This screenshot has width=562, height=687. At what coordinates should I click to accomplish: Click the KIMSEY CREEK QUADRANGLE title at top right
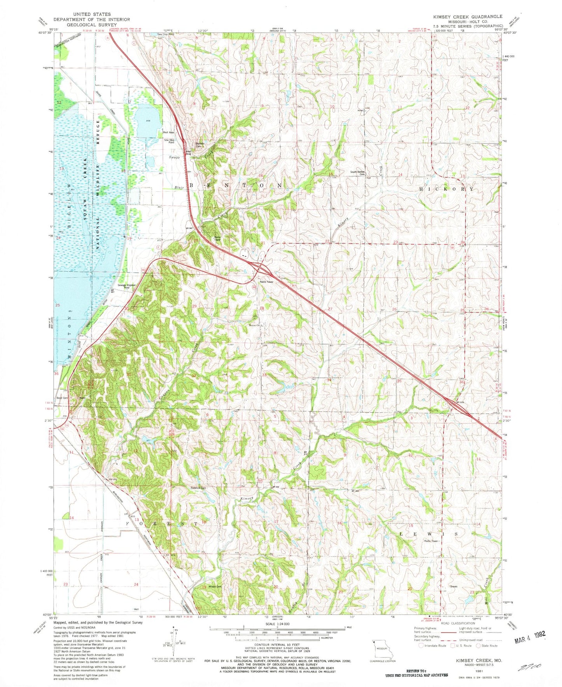(x=468, y=17)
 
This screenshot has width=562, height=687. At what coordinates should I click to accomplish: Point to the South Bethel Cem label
(x=357, y=173)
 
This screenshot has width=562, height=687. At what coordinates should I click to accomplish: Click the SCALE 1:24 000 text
(x=277, y=624)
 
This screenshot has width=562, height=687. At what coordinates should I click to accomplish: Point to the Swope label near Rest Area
(x=174, y=158)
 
